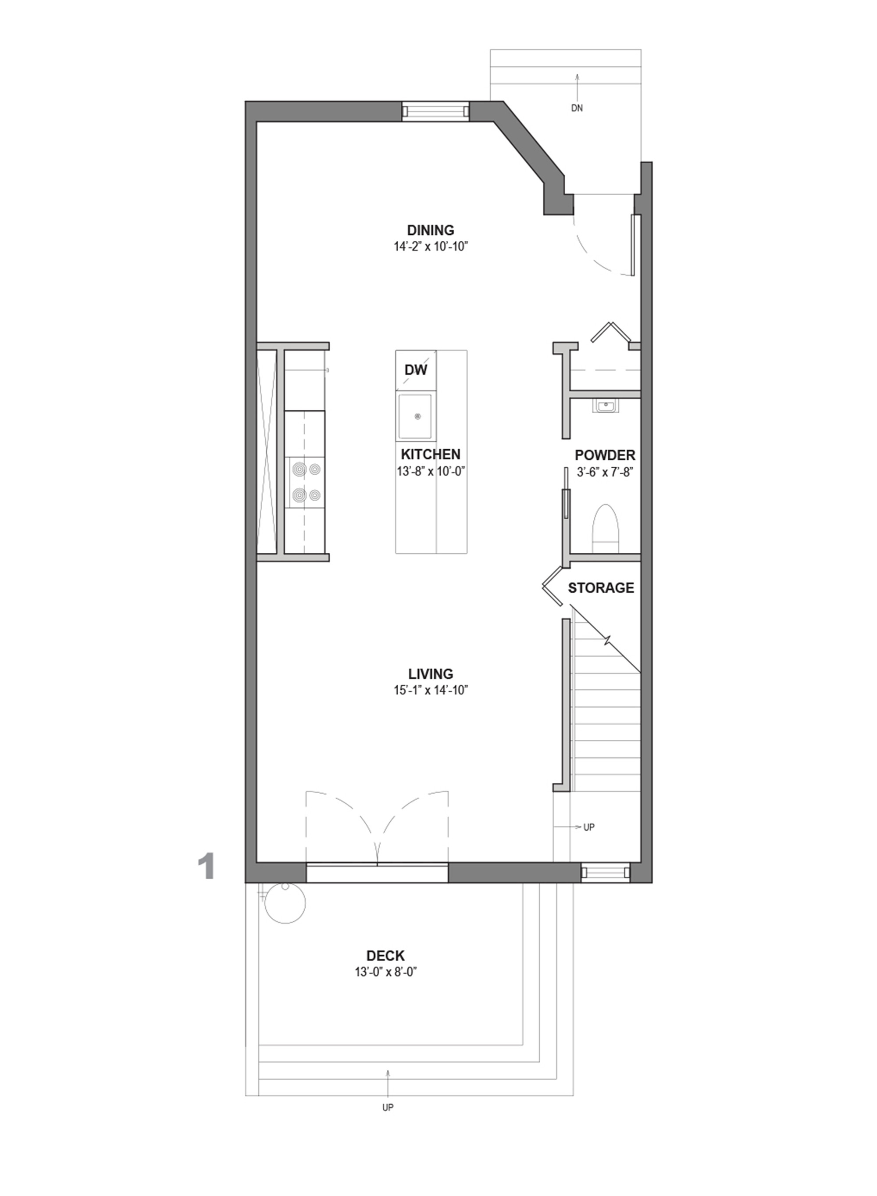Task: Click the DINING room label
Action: coord(431,230)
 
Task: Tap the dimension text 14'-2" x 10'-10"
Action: coord(431,247)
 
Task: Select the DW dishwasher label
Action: coord(416,370)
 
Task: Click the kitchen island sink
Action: coord(416,417)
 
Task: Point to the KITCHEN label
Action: coord(431,455)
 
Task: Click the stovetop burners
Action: coord(305,483)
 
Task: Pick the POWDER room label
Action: coord(605,455)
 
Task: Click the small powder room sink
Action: coord(605,407)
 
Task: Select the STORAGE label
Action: coord(601,588)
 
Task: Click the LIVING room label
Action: coord(431,674)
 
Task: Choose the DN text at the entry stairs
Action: coord(577,108)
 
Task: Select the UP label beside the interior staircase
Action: coord(589,827)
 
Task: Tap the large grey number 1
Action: coord(206,867)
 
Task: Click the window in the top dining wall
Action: coord(435,111)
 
